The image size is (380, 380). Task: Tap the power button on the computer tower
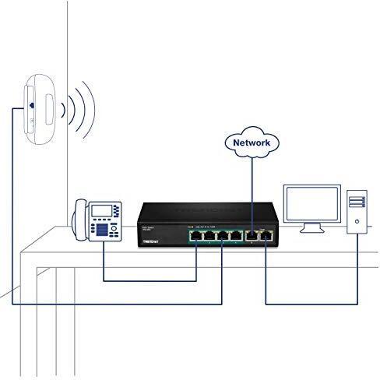pos(356,221)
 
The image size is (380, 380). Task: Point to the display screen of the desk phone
pos(99,210)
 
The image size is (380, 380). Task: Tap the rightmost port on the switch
pos(265,234)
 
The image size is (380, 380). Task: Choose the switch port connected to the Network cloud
pos(252,234)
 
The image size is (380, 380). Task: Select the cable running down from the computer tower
pos(357,265)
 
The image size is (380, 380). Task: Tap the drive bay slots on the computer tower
pos(355,202)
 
